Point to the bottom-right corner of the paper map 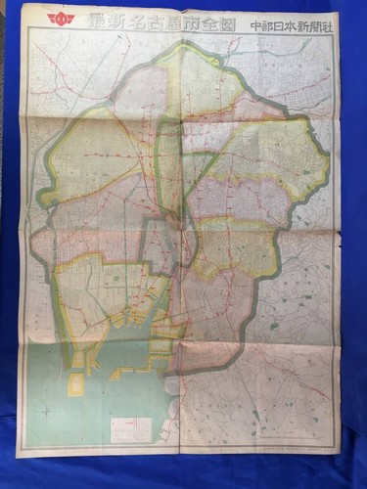pos(340,453)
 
